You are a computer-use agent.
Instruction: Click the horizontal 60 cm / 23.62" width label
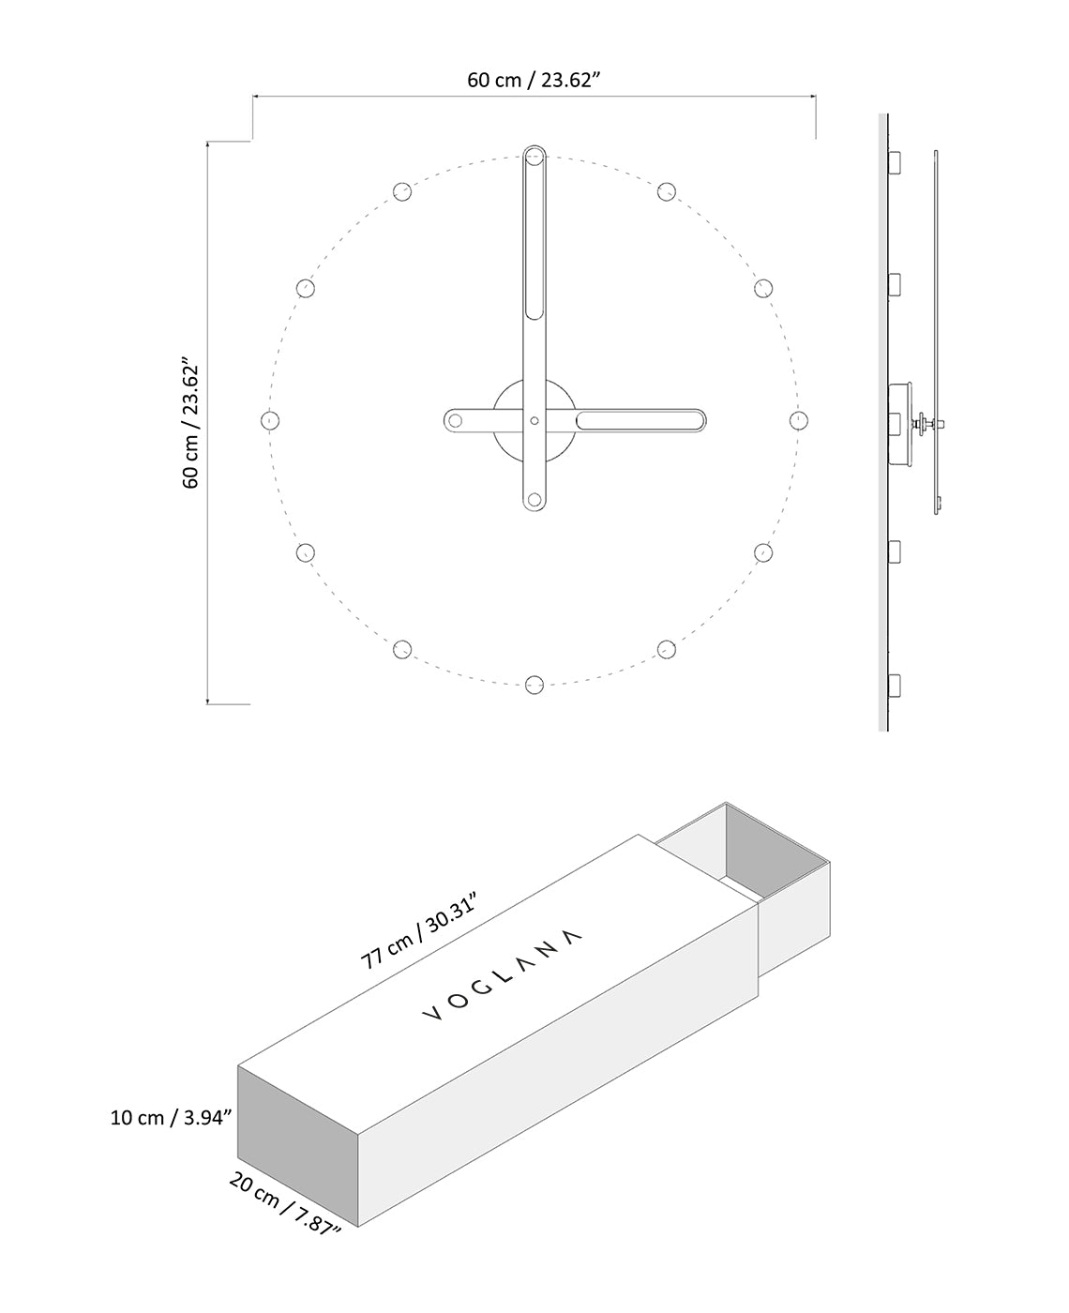coord(534,80)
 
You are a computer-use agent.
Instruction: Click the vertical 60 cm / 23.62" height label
coord(190,422)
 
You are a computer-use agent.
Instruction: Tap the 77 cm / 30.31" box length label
coord(420,931)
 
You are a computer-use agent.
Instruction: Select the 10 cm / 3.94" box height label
coord(171,1118)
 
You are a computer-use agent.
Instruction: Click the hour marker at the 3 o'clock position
coord(799,419)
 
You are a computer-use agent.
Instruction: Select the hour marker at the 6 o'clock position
coord(534,685)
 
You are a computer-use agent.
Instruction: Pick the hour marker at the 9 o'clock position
coord(270,419)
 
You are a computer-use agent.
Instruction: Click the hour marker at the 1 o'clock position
coord(666,191)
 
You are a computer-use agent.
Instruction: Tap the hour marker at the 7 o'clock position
coord(402,648)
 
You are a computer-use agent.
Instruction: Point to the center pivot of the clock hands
coord(534,420)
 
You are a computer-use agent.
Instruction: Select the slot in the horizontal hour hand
coord(640,420)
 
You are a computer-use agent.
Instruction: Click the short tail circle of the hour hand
coord(457,420)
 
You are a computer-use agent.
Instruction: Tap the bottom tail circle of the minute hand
coord(534,500)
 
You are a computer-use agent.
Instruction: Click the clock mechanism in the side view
coord(902,422)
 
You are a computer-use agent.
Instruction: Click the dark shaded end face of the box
coord(298,1144)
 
